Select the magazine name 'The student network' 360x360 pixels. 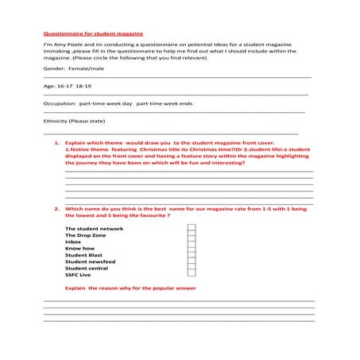94,229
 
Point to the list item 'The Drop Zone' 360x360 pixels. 86,235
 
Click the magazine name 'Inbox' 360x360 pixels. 73,242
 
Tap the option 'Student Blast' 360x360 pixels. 83,255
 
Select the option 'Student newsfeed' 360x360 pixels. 90,261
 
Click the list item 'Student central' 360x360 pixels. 87,268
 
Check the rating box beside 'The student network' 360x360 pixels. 191,229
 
